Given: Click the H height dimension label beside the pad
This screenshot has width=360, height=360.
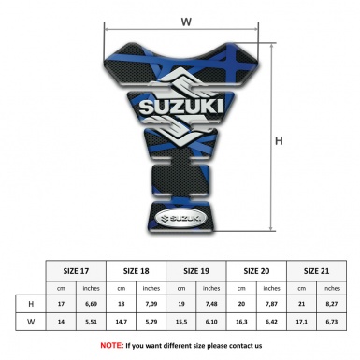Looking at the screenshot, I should pyautogui.click(x=278, y=141).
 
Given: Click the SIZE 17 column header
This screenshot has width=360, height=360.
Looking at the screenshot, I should pyautogui.click(x=77, y=269).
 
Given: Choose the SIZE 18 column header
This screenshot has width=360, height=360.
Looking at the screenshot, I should pyautogui.click(x=137, y=269).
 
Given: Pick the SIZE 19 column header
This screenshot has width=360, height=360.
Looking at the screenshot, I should pyautogui.click(x=197, y=269).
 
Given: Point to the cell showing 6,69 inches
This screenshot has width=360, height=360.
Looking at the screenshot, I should pyautogui.click(x=91, y=304).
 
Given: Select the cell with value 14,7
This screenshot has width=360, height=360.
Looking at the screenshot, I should pyautogui.click(x=122, y=323).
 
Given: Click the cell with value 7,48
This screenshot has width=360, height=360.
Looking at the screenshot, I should pyautogui.click(x=212, y=304).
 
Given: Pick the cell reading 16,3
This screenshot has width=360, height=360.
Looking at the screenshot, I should pyautogui.click(x=242, y=323).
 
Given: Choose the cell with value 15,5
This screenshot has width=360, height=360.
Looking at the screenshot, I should pyautogui.click(x=182, y=323).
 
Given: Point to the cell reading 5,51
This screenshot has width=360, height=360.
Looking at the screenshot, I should pyautogui.click(x=91, y=323).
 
